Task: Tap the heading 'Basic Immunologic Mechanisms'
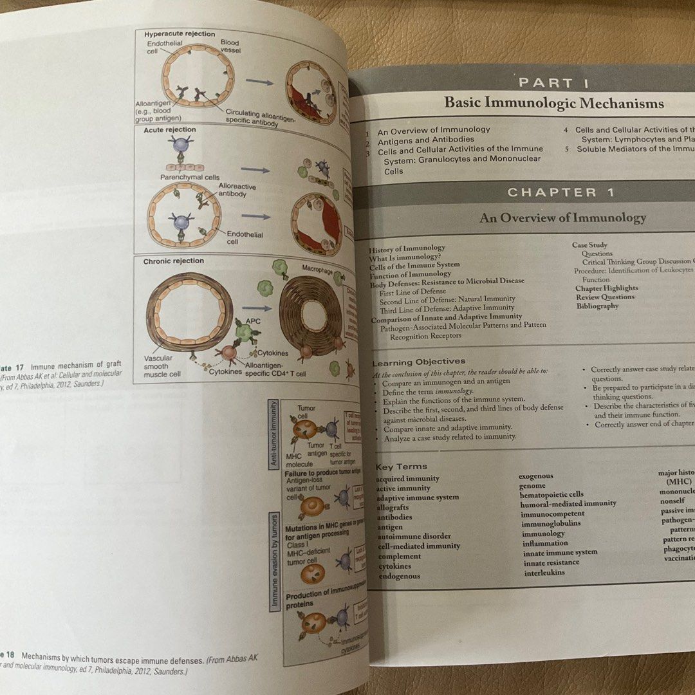click(554, 103)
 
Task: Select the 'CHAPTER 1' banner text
click(561, 192)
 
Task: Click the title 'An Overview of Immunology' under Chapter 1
click(562, 218)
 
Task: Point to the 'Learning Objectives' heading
click(419, 362)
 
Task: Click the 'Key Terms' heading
click(401, 467)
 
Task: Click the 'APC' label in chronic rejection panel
click(252, 320)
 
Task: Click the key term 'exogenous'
click(536, 476)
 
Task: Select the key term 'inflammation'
click(545, 542)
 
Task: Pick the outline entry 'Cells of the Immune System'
click(414, 265)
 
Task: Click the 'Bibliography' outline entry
click(597, 306)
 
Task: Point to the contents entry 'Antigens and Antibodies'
click(425, 139)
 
